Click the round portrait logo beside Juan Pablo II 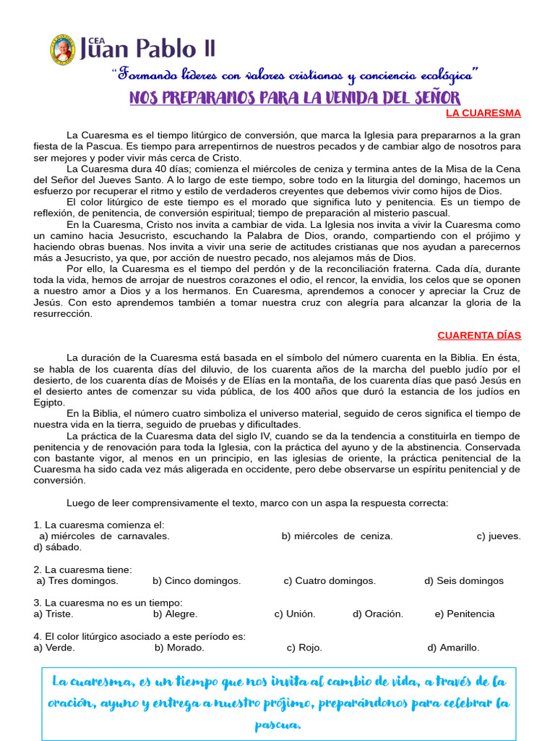pyautogui.click(x=62, y=49)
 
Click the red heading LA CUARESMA pyautogui.click(x=483, y=114)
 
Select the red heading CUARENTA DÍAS pyautogui.click(x=478, y=335)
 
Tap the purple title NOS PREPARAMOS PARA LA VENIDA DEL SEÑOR pyautogui.click(x=294, y=98)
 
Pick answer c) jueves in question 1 pyautogui.click(x=499, y=536)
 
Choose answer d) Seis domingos pyautogui.click(x=464, y=580)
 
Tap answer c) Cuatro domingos pyautogui.click(x=330, y=580)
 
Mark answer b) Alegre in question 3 pyautogui.click(x=175, y=614)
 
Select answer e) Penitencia pyautogui.click(x=465, y=614)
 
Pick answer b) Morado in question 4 pyautogui.click(x=179, y=648)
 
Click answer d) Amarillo pyautogui.click(x=453, y=648)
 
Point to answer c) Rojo pyautogui.click(x=304, y=648)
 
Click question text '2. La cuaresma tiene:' pyautogui.click(x=82, y=569)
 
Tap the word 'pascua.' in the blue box pyautogui.click(x=278, y=724)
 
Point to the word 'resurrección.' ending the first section pyautogui.click(x=63, y=313)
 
